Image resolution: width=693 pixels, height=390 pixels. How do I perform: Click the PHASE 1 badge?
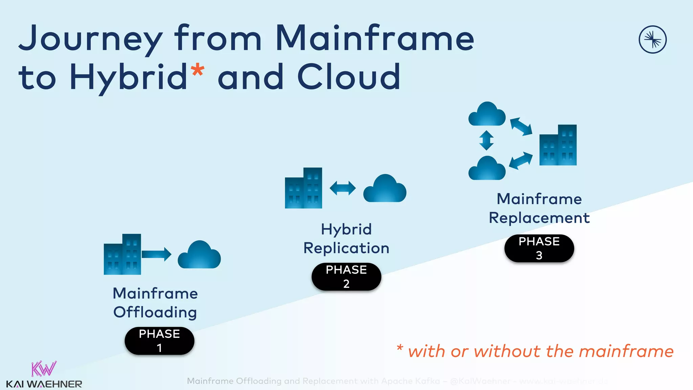point(159,341)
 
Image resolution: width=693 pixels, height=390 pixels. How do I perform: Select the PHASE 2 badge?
point(346,277)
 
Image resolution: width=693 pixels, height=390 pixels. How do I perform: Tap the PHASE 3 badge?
point(539,248)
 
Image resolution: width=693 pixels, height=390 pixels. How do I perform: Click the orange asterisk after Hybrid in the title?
point(198,70)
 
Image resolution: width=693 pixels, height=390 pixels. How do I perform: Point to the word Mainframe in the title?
point(375,38)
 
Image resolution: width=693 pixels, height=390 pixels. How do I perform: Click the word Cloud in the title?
point(349,77)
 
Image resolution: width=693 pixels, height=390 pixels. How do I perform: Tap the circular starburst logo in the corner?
point(652,40)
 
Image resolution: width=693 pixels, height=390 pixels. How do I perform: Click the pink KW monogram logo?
point(44,369)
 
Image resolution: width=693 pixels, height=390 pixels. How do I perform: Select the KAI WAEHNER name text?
point(44,384)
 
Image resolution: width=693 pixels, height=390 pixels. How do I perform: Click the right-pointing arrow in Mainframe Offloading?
point(156,254)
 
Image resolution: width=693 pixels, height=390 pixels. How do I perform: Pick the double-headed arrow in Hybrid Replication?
point(342,188)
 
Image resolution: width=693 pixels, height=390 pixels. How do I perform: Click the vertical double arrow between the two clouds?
point(486,140)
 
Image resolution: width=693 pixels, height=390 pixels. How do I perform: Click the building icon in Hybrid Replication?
point(304,188)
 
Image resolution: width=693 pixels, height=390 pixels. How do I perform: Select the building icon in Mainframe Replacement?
point(558,145)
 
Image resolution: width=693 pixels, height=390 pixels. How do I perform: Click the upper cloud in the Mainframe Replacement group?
point(487,114)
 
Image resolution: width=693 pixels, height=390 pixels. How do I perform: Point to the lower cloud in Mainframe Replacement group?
point(487,168)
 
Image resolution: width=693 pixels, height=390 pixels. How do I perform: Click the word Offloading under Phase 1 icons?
point(155,312)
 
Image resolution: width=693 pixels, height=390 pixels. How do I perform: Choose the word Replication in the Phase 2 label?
point(346,248)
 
